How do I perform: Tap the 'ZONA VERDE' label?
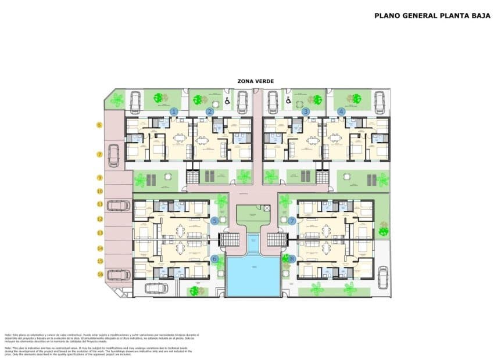[x=256, y=81]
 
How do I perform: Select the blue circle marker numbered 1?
[x=174, y=111]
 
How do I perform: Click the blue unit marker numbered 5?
[x=215, y=221]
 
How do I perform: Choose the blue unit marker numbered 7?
[x=292, y=221]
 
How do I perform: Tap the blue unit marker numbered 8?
[x=292, y=259]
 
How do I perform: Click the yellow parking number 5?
[x=99, y=125]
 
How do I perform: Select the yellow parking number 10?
[x=99, y=190]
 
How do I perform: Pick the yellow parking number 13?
[x=99, y=233]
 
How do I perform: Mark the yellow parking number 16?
[x=99, y=274]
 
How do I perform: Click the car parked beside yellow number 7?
[x=114, y=155]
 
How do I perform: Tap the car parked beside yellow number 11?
[x=119, y=205]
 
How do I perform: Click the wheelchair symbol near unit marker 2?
[x=227, y=101]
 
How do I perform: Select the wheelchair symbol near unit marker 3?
[x=288, y=100]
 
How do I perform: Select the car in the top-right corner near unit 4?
[x=380, y=102]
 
